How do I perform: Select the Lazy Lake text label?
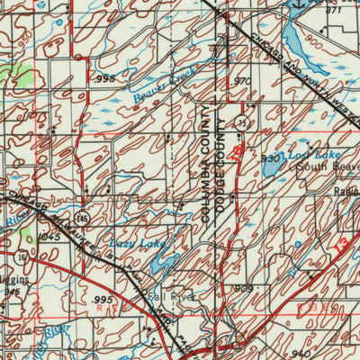[x=132, y=244]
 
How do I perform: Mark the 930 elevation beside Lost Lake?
[x=270, y=157]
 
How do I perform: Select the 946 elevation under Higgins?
[x=11, y=292]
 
